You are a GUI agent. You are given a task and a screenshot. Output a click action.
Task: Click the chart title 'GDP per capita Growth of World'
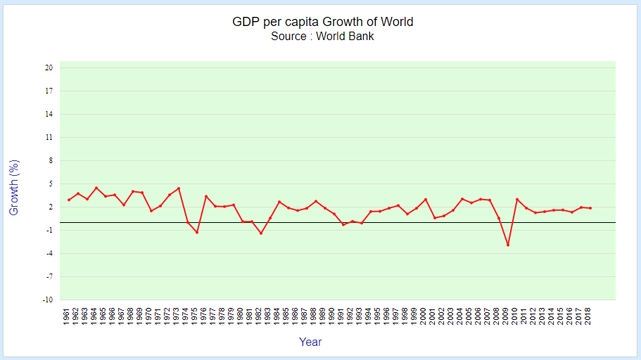point(322,22)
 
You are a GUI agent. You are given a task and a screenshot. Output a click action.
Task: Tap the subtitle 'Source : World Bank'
point(322,37)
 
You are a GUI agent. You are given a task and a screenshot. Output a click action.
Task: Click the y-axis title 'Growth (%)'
point(14,187)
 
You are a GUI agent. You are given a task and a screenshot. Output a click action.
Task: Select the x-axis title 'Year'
point(310,342)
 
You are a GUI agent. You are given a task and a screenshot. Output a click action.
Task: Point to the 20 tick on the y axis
point(49,68)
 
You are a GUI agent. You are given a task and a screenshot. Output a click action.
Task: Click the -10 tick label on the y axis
point(48,300)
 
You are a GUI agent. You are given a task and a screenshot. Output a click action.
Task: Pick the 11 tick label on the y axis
point(49,138)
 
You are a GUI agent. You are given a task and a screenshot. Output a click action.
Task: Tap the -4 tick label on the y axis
point(49,253)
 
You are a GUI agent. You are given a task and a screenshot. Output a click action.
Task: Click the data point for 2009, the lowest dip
point(508,245)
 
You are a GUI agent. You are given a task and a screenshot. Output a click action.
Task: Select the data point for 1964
point(96,188)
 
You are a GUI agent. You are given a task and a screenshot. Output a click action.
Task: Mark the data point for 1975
point(197,232)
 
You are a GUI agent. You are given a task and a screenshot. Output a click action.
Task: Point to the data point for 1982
point(261,233)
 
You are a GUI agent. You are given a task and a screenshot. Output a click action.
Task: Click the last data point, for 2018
point(590,208)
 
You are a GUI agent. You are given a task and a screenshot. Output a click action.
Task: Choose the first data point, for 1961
point(69,200)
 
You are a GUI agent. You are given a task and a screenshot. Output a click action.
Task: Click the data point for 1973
point(179,188)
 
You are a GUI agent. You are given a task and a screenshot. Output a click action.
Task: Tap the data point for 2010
point(517,200)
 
